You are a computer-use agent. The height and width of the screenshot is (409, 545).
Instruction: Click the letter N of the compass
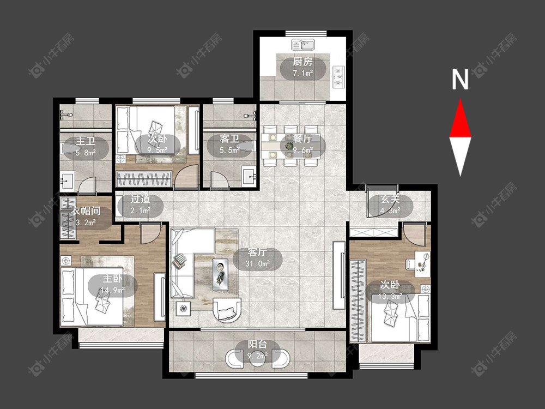coord(460,79)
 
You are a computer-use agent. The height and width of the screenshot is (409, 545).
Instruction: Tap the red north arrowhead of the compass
coord(460,118)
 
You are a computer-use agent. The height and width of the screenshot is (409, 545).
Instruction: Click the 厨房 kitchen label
coord(302,62)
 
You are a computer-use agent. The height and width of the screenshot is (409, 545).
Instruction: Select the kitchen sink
coord(303,45)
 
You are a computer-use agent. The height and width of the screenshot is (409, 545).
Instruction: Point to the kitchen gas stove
coord(338,76)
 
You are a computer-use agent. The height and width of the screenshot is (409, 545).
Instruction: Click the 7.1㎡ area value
coord(302,74)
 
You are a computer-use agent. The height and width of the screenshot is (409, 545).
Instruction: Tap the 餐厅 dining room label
coord(302,139)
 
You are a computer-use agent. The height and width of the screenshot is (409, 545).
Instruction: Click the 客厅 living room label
coord(257,252)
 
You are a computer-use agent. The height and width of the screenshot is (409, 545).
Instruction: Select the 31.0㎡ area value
coord(258,263)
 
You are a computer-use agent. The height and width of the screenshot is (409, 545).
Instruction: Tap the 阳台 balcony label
coord(257,344)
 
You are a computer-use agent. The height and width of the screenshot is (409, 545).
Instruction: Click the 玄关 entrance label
coord(390,199)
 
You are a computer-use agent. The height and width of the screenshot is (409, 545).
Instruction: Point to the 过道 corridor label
coord(141,199)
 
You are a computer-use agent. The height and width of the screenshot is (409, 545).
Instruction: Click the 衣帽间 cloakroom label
coord(86,210)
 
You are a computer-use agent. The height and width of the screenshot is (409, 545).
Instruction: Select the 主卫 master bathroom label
coord(86,141)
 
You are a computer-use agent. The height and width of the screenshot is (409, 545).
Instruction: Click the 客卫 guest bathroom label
coord(229,139)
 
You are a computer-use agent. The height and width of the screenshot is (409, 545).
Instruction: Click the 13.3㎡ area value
coord(390,296)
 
